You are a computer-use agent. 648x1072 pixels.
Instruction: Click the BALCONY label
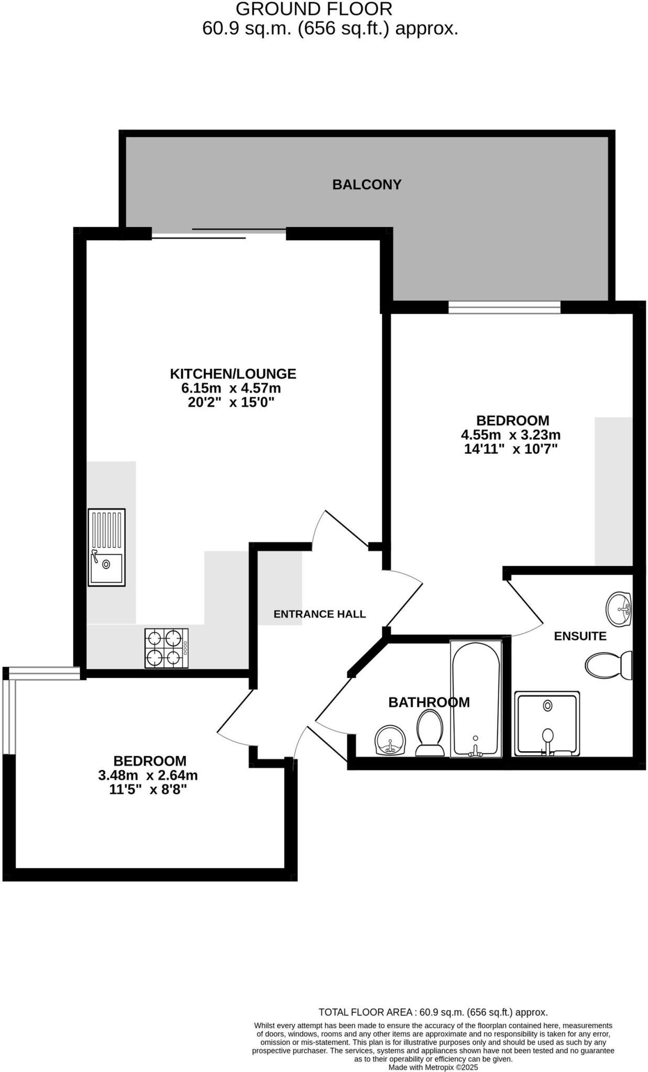[x=367, y=185]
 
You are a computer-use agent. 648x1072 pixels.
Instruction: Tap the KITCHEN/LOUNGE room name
[x=233, y=374]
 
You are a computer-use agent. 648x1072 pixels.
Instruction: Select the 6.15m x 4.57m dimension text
[x=231, y=388]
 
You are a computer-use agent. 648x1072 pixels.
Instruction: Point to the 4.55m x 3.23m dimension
[x=511, y=435]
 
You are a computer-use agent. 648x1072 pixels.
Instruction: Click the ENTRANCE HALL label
[x=320, y=614]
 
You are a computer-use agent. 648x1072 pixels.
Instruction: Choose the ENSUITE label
[x=580, y=636]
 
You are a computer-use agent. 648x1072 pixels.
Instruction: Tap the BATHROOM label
[x=429, y=702]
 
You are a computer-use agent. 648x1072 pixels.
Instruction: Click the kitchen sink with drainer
[x=106, y=547]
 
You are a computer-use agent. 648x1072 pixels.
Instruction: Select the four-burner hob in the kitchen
[x=166, y=648]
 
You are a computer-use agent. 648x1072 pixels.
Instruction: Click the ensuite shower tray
[x=547, y=723]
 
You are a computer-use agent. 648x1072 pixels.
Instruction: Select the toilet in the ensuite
[x=608, y=665]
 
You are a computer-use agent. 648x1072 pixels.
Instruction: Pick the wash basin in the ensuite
[x=619, y=609]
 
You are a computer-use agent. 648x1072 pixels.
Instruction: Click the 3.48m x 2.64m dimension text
[x=148, y=775]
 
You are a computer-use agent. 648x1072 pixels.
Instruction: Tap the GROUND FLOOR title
[x=314, y=9]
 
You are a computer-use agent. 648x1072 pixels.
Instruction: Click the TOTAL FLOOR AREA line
[x=433, y=1012]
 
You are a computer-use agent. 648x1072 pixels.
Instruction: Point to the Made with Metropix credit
[x=433, y=1067]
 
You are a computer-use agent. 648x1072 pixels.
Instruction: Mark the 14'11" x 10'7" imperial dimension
[x=511, y=449]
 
